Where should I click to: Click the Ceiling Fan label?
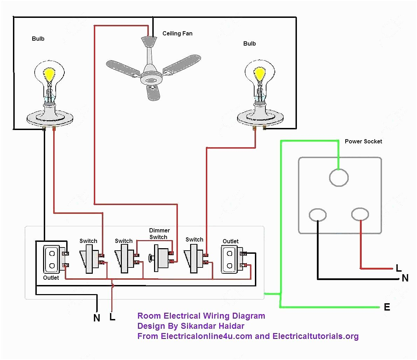(177, 34)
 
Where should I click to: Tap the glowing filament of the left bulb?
(49, 75)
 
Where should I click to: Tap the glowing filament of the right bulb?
(259, 74)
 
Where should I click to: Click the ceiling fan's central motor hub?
(152, 80)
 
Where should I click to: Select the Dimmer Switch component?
(161, 258)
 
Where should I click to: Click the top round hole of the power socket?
(339, 177)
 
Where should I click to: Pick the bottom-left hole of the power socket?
(318, 215)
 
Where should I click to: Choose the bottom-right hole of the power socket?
(360, 214)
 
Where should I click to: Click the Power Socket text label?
(363, 141)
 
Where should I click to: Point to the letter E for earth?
(387, 307)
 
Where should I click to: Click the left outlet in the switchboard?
(51, 259)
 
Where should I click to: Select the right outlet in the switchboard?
(229, 259)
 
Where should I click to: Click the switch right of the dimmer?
(194, 259)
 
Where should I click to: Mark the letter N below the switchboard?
(97, 318)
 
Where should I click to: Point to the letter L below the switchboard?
(112, 317)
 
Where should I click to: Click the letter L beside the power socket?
(398, 269)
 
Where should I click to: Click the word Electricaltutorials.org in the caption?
(315, 336)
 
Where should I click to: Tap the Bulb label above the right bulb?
(249, 44)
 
